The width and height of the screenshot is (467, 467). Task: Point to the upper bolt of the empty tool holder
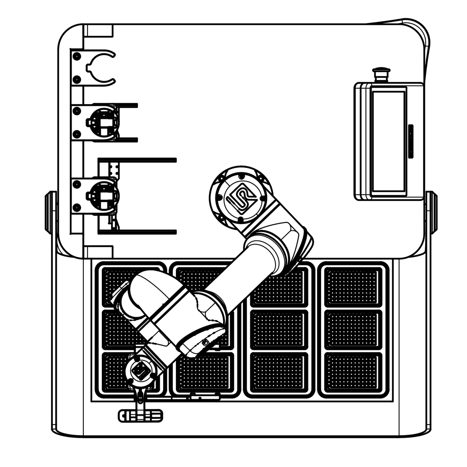(x=77, y=56)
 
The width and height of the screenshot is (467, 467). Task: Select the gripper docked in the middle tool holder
(x=102, y=123)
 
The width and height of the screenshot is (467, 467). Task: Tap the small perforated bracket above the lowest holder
(x=114, y=169)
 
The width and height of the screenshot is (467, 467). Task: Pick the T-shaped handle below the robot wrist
(x=140, y=415)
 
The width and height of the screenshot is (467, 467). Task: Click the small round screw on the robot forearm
(x=205, y=343)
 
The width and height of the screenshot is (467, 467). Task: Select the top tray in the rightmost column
(x=352, y=286)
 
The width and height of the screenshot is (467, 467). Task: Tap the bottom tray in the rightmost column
(x=352, y=372)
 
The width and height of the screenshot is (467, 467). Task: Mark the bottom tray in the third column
(x=279, y=372)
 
